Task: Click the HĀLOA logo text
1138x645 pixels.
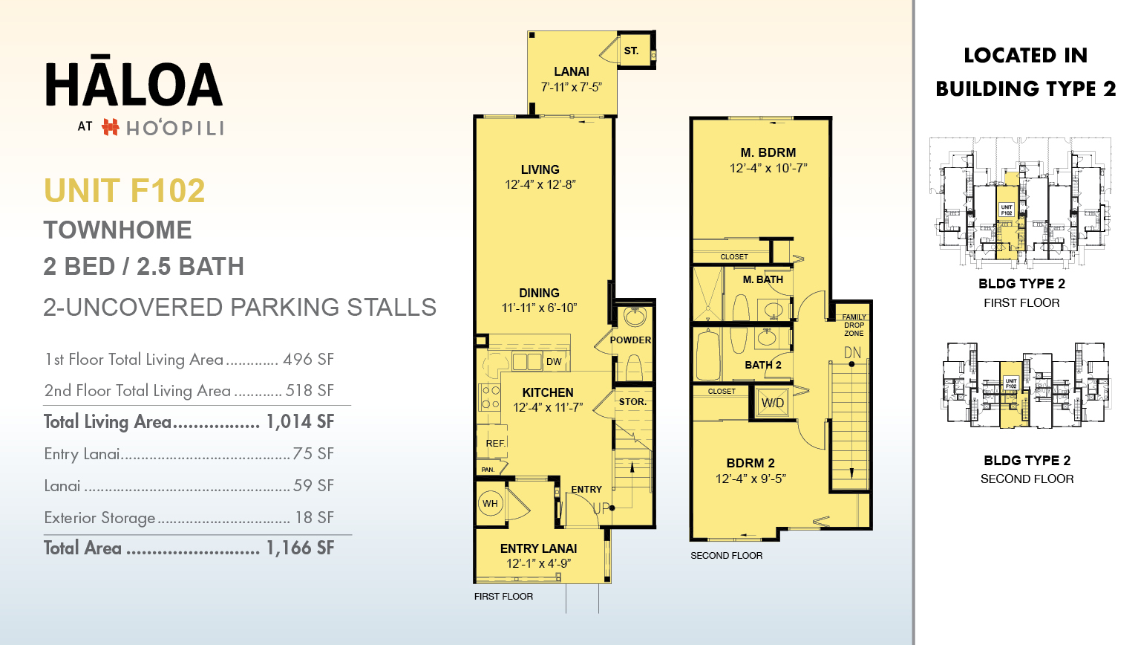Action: click(x=134, y=84)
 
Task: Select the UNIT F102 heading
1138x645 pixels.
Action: click(x=124, y=191)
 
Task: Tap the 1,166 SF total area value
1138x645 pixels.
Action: click(x=300, y=548)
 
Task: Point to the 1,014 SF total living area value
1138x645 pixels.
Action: click(x=300, y=422)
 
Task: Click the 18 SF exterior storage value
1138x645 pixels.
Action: click(x=314, y=518)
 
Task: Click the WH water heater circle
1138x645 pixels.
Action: click(x=491, y=504)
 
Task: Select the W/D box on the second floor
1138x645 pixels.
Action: click(x=772, y=403)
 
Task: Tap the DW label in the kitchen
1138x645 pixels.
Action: click(x=554, y=362)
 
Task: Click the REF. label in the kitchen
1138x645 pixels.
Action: click(x=495, y=444)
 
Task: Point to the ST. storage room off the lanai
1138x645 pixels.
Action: click(x=631, y=51)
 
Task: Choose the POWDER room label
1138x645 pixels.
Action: click(x=630, y=340)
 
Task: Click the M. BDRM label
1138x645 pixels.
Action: click(x=768, y=152)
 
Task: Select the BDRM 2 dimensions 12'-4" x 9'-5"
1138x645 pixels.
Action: click(x=750, y=479)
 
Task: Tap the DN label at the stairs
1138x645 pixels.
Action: click(x=852, y=353)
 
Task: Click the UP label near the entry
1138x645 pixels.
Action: click(x=601, y=508)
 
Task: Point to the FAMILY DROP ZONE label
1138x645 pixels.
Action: click(x=854, y=325)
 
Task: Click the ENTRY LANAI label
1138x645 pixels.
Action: click(x=538, y=548)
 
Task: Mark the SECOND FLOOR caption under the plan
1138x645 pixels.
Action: click(x=726, y=556)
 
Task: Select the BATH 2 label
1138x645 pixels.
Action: click(x=762, y=365)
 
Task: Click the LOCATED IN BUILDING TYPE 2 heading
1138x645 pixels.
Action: click(x=1025, y=72)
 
